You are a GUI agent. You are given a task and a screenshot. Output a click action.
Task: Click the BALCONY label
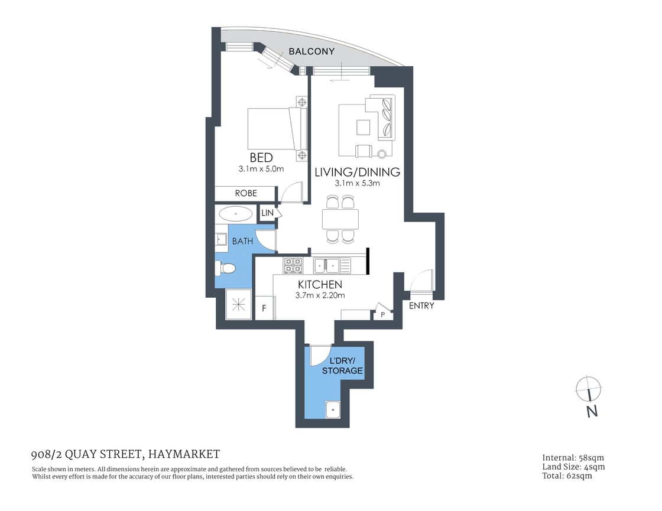click(311, 51)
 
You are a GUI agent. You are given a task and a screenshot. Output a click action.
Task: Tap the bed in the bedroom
click(273, 128)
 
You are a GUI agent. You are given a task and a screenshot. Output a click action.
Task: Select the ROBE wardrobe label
click(245, 193)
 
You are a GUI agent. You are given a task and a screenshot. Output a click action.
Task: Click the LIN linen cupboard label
click(267, 212)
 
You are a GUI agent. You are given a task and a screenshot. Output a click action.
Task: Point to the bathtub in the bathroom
click(235, 213)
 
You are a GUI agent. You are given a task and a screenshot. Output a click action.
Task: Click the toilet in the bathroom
click(226, 269)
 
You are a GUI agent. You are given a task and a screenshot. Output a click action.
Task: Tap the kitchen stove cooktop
click(293, 265)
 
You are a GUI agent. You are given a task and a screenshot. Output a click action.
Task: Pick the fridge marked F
click(264, 308)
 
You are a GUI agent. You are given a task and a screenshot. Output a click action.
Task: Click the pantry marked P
click(382, 315)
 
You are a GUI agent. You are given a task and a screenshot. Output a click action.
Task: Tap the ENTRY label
click(421, 305)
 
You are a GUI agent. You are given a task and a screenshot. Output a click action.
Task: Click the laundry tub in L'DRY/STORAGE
click(333, 409)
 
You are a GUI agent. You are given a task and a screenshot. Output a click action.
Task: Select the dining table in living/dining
click(340, 219)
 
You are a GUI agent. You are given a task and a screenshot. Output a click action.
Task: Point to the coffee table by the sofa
click(363, 128)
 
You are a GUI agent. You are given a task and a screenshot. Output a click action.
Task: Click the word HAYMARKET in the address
click(184, 454)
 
